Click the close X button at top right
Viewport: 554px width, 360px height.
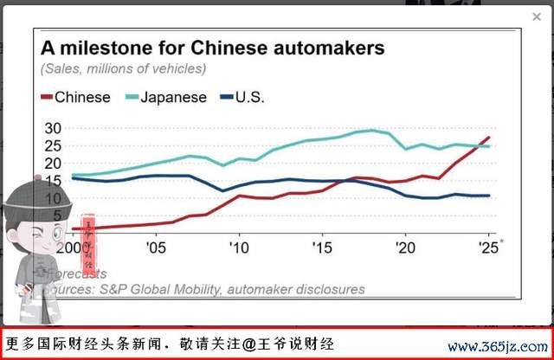coord(537,16)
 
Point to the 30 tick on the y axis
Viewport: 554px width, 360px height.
coord(53,128)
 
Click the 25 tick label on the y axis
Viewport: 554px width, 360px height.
coord(53,145)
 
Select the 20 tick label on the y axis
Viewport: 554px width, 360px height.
coord(53,163)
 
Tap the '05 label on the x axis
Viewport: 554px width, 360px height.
coord(156,247)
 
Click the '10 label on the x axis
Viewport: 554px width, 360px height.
coord(238,247)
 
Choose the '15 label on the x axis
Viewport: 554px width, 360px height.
coord(321,247)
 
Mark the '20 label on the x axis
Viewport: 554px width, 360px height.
coord(404,247)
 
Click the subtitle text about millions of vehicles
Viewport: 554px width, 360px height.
coord(123,68)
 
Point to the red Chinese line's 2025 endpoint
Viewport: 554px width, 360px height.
coord(489,138)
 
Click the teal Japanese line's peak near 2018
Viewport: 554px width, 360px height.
coord(372,131)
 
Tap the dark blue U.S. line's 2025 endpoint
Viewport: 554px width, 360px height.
coord(489,196)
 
